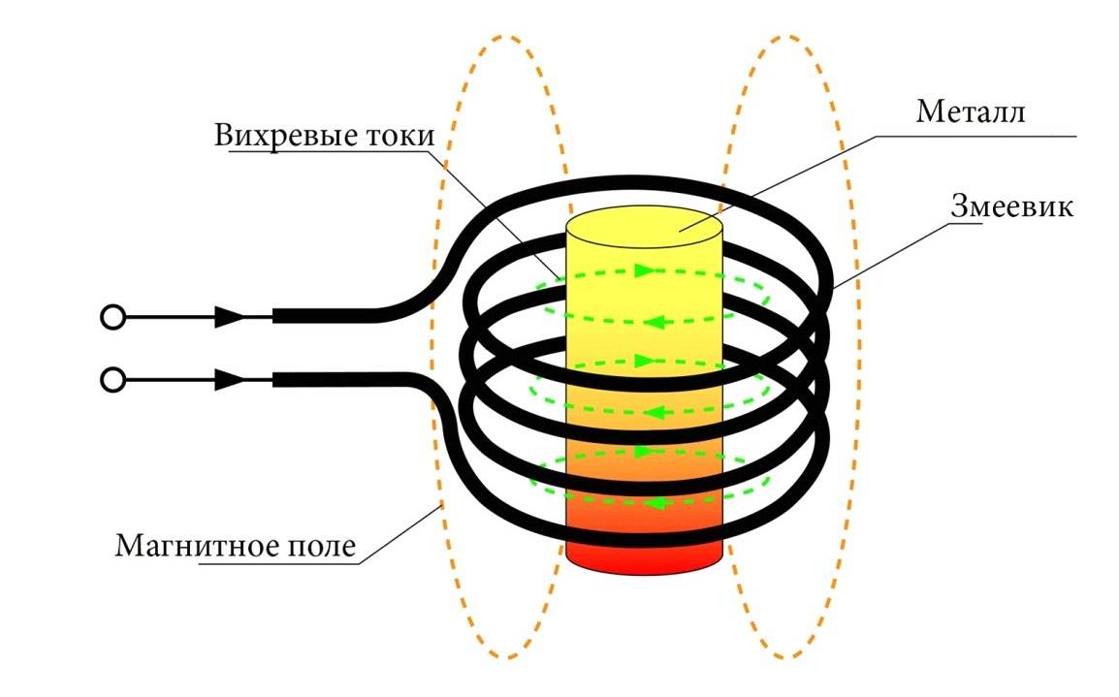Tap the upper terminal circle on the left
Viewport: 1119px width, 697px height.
[113, 316]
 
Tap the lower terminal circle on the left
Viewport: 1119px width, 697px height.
[113, 380]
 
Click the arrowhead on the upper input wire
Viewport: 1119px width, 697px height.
[229, 316]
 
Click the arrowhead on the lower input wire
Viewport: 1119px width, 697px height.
[229, 380]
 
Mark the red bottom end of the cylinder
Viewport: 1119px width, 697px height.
[645, 554]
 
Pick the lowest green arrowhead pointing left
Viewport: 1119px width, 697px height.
[655, 503]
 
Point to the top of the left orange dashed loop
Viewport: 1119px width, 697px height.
[502, 38]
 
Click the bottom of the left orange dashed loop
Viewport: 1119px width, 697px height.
[502, 655]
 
